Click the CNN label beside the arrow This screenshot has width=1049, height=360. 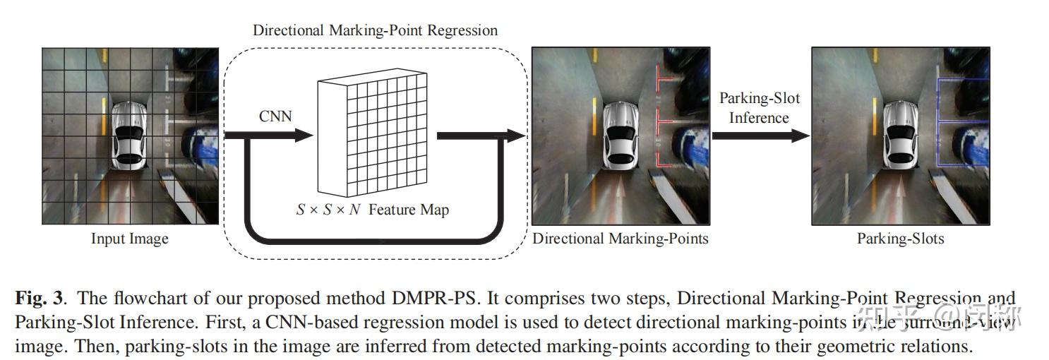(275, 116)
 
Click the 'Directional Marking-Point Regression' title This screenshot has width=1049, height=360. (375, 30)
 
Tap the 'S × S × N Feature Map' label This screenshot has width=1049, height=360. (372, 210)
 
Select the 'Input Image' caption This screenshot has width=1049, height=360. (130, 239)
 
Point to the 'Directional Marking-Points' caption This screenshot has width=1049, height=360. (620, 239)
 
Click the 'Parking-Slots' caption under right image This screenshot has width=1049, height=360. (900, 239)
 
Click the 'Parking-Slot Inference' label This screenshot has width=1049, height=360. (759, 108)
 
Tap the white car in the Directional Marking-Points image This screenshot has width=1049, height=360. (621, 136)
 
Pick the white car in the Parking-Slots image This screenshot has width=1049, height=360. (899, 136)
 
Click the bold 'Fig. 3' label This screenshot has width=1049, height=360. (39, 299)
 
